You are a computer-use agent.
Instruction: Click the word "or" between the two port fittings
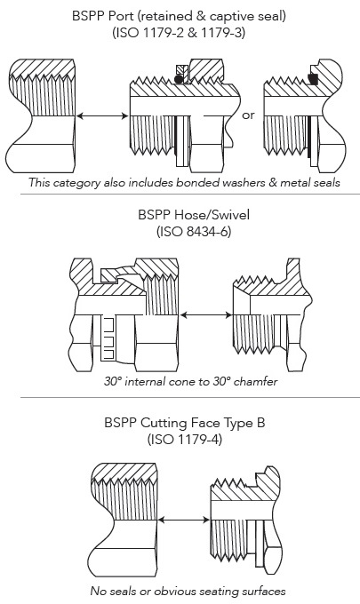248,115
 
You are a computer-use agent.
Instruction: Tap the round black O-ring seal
178,79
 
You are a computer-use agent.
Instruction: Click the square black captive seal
314,78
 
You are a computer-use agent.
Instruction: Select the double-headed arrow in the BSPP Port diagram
102,115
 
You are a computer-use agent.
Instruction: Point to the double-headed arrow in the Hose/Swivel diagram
206,314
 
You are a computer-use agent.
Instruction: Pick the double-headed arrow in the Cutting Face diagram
184,520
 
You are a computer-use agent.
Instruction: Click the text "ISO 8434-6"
194,232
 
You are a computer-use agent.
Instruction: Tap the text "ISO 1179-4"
185,439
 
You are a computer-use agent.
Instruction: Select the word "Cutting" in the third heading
163,423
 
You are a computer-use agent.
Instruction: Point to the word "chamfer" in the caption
255,381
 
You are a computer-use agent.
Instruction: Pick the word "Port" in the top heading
122,16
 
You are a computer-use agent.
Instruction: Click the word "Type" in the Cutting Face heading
236,424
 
